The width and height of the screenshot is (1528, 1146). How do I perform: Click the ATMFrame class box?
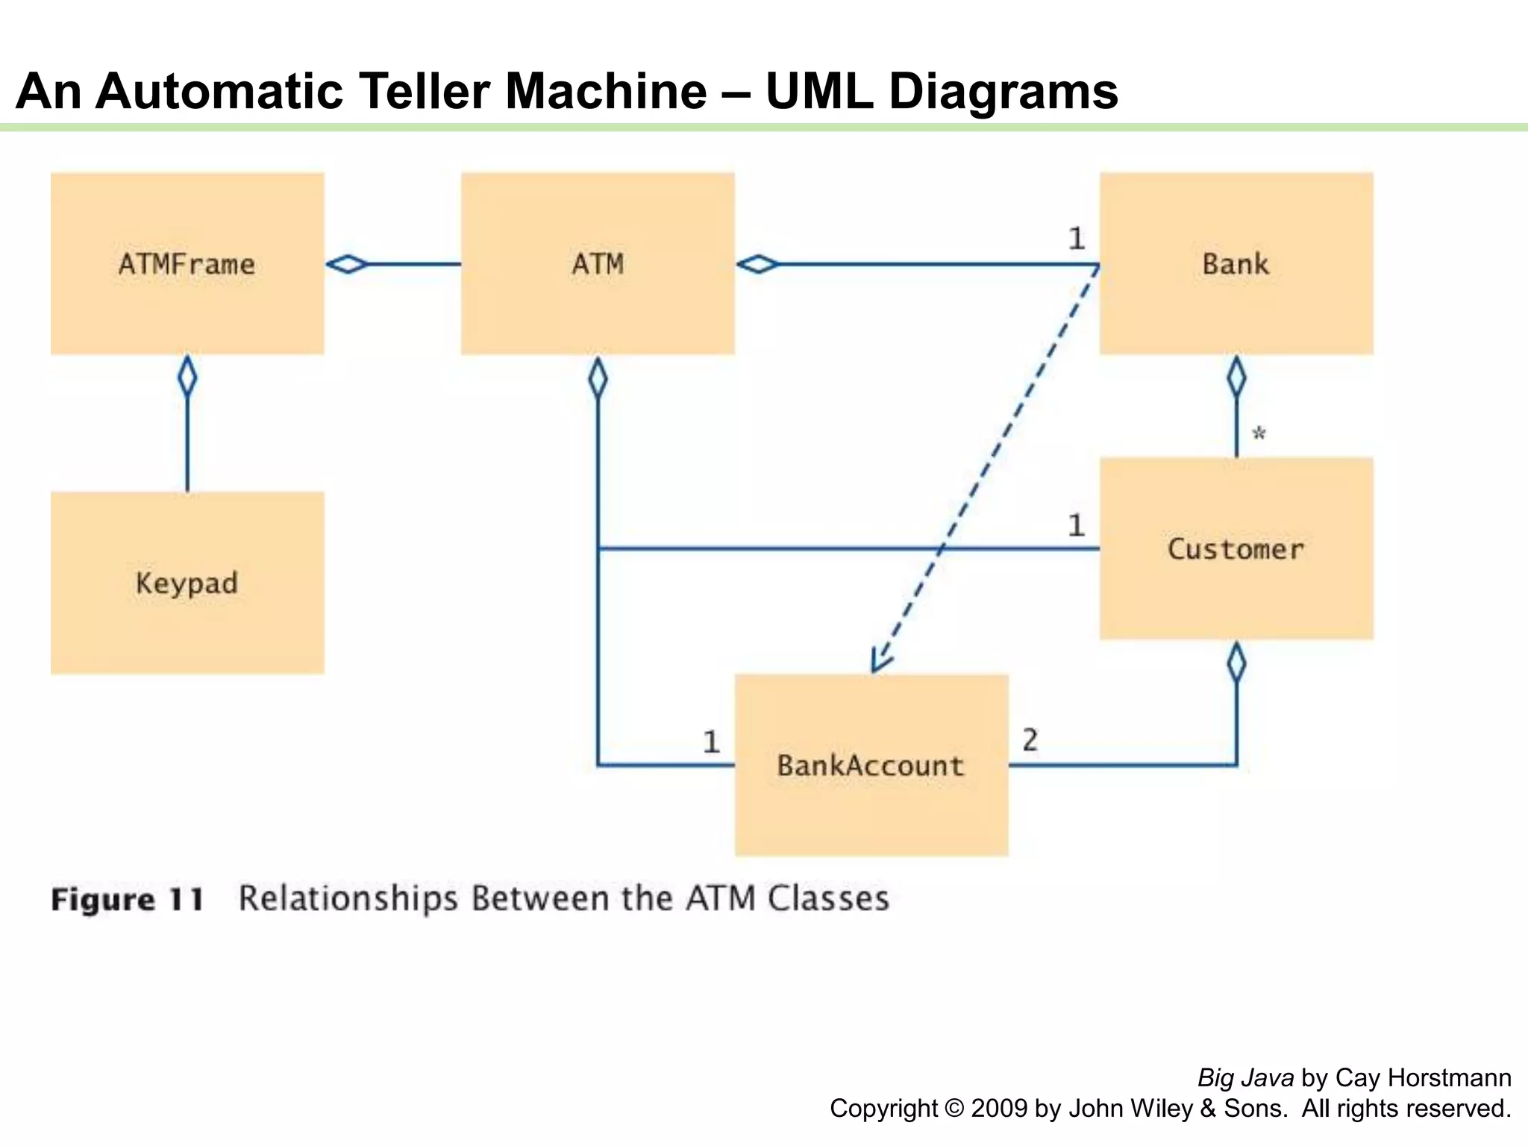click(x=187, y=264)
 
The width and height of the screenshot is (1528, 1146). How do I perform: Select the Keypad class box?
click(x=187, y=583)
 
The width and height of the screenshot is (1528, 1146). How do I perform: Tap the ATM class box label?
click(x=598, y=264)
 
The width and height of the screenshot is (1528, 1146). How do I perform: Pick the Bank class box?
click(x=1236, y=264)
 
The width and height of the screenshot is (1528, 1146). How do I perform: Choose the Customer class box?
click(x=1236, y=549)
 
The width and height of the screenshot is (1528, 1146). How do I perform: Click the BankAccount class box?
click(x=871, y=765)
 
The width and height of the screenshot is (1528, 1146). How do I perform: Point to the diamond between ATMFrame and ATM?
click(x=348, y=264)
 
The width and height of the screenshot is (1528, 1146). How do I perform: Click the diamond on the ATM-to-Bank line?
click(x=758, y=264)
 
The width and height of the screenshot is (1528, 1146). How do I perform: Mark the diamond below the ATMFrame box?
click(x=187, y=377)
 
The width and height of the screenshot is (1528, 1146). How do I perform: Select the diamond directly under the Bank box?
click(x=1236, y=377)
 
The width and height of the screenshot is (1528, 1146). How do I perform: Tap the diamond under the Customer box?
click(x=1236, y=663)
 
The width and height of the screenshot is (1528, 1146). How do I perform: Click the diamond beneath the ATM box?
click(x=598, y=378)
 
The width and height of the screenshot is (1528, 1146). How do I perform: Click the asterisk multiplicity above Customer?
click(x=1259, y=433)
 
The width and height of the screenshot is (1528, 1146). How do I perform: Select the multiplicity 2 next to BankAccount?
click(x=1030, y=740)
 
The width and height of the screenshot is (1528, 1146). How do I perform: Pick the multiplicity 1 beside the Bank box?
click(x=1076, y=239)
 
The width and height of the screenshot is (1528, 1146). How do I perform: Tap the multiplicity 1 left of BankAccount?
click(x=711, y=742)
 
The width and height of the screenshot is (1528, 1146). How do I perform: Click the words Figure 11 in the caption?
click(x=128, y=899)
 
